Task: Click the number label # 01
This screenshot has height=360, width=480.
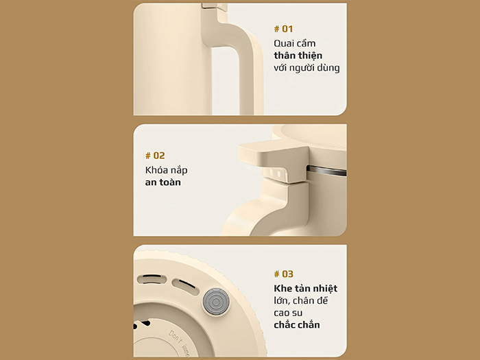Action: tap(283, 29)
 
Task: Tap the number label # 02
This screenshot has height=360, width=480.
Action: tap(155, 156)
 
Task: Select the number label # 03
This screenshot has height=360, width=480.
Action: tap(283, 274)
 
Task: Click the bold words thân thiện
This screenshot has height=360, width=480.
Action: tap(298, 56)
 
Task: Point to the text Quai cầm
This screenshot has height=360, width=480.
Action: tap(294, 43)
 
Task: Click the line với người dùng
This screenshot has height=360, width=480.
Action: tap(307, 68)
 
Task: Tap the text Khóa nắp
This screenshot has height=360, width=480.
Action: tap(166, 170)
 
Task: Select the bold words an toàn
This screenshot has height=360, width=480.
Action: tap(163, 182)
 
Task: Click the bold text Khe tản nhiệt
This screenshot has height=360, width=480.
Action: tap(305, 289)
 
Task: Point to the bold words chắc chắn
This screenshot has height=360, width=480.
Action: tap(297, 324)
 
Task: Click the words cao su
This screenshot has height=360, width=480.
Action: tap(288, 313)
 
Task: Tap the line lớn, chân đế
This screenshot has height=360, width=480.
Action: tap(300, 300)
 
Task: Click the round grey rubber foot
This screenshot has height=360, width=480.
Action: tap(216, 302)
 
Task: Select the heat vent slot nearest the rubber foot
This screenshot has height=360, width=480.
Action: tap(185, 287)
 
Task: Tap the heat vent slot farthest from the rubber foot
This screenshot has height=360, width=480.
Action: tap(152, 279)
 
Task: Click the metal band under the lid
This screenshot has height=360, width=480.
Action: tap(326, 171)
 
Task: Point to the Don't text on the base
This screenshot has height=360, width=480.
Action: tap(175, 337)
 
